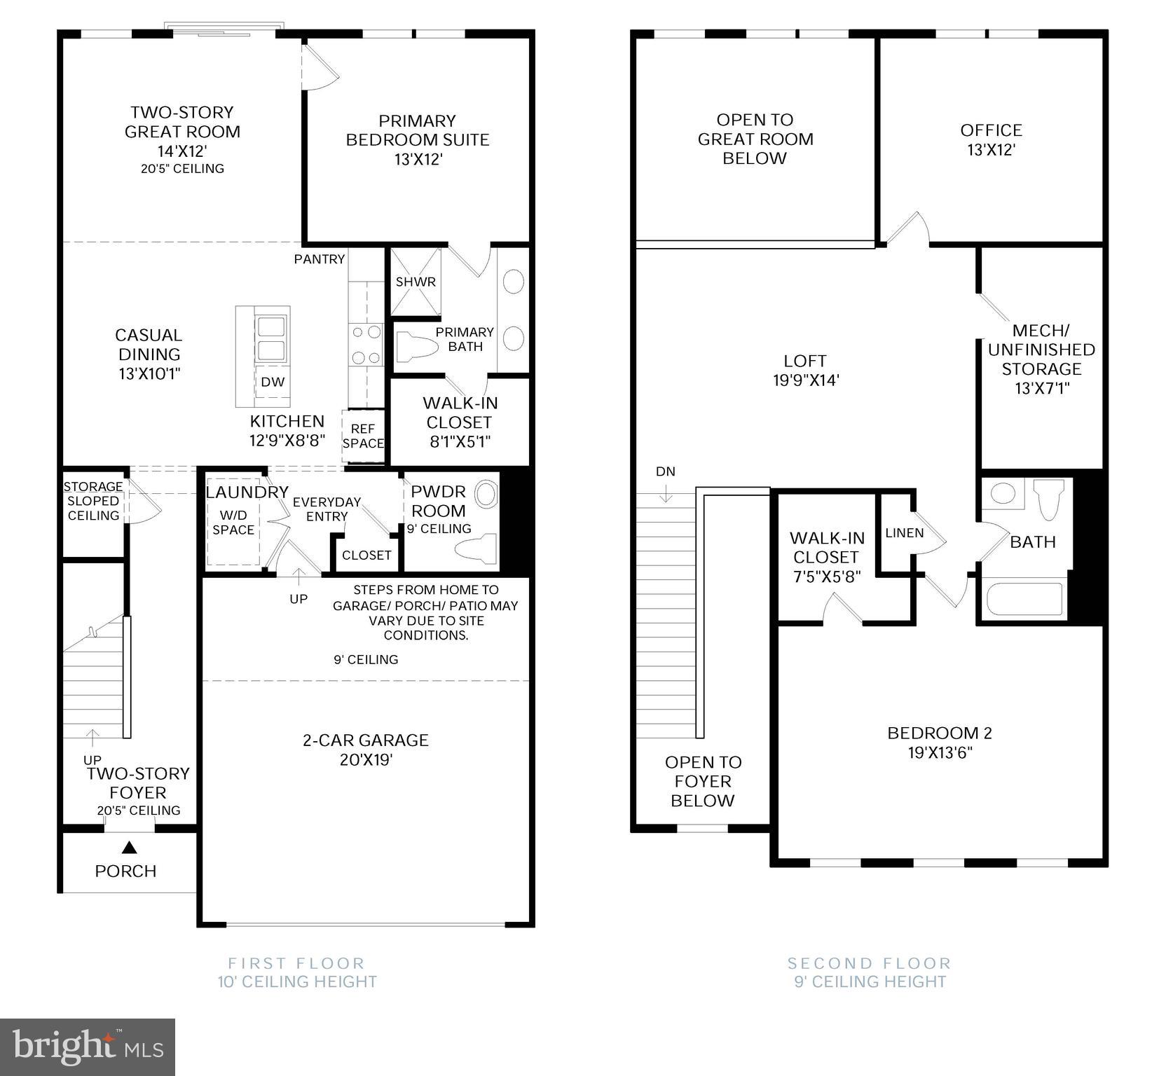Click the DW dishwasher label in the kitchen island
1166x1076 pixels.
(x=273, y=382)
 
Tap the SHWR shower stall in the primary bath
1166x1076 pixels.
(x=416, y=282)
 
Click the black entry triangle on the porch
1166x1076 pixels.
(x=128, y=848)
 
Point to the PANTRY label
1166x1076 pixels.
(x=320, y=259)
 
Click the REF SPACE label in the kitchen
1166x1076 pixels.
(x=363, y=436)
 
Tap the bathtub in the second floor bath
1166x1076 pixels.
(x=1024, y=600)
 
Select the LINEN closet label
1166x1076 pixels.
(x=904, y=533)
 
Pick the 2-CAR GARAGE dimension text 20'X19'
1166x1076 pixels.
(x=366, y=760)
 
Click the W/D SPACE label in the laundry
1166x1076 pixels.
(x=233, y=523)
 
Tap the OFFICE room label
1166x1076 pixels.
(x=991, y=130)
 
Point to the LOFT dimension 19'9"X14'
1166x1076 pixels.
(x=805, y=380)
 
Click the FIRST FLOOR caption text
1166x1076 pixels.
(x=296, y=963)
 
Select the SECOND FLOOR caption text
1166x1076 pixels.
(x=870, y=963)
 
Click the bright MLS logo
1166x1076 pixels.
(x=88, y=1047)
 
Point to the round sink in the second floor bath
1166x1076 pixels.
(x=1003, y=493)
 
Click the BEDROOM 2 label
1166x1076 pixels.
(x=939, y=733)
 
